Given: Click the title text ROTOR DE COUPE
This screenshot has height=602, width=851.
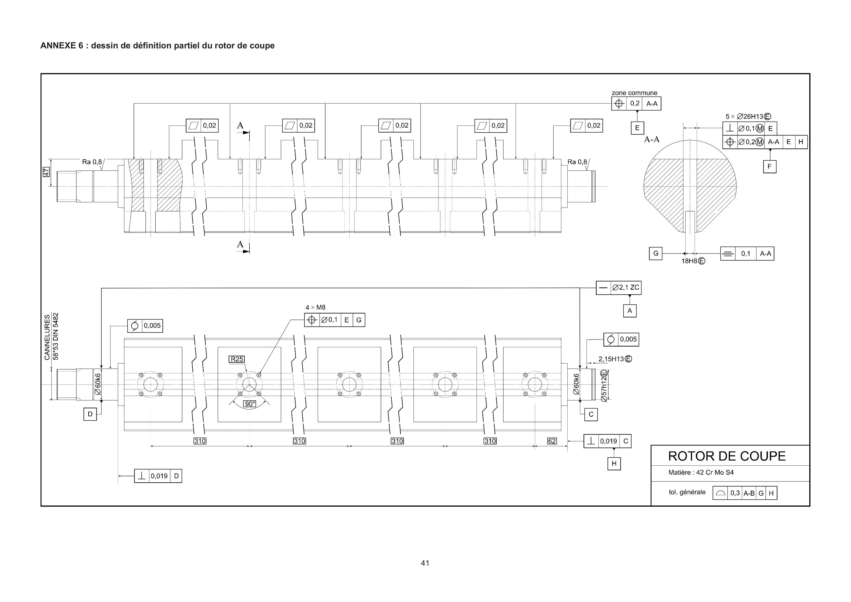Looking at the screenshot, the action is click(x=726, y=456).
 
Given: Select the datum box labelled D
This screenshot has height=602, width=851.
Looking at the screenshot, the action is click(x=90, y=414).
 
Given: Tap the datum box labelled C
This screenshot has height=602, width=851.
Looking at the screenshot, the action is click(x=591, y=414).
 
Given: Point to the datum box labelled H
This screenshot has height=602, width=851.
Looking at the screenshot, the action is click(x=614, y=463).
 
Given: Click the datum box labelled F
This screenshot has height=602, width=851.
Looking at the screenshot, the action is click(x=769, y=166).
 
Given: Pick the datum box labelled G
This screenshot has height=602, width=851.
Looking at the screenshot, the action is click(x=656, y=254).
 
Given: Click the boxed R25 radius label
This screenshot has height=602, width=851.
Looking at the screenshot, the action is click(x=237, y=359).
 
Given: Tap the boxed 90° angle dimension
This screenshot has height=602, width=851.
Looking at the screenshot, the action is click(x=250, y=404).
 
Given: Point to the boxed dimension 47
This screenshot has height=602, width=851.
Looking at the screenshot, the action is click(x=46, y=172).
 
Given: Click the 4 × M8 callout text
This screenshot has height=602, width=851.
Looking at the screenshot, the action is click(x=315, y=307).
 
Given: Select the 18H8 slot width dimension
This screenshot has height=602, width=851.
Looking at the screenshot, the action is click(x=693, y=261).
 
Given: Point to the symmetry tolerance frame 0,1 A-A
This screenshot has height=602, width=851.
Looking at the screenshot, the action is click(x=747, y=254).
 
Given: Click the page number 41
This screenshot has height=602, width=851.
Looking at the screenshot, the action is click(x=425, y=563).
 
